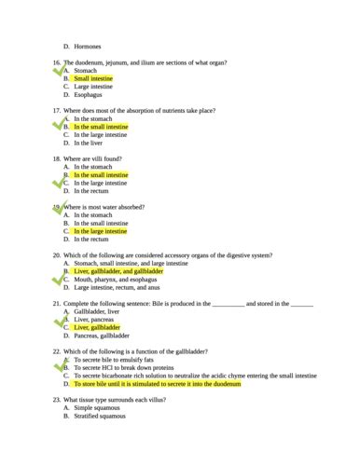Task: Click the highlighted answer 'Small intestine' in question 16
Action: pos(94,78)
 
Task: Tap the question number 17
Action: pos(57,111)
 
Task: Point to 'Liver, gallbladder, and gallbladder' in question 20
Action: pos(118,271)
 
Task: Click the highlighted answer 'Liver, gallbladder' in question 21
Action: pos(97,328)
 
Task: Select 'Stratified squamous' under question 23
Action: pos(100,416)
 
